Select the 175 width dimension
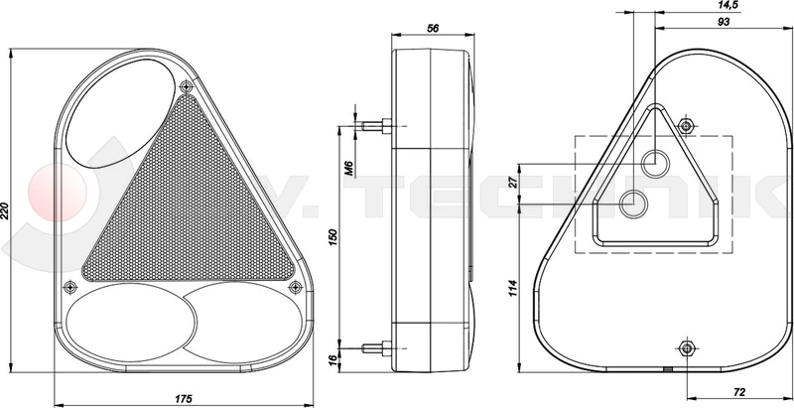(x=182, y=398)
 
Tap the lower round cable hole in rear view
(x=631, y=205)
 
